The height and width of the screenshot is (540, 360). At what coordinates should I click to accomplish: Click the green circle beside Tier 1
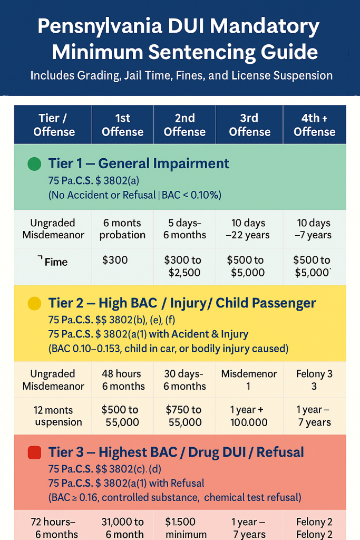(x=34, y=164)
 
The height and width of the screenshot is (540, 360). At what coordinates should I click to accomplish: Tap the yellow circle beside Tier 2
(x=34, y=303)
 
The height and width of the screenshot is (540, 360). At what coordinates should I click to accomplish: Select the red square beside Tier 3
(x=34, y=452)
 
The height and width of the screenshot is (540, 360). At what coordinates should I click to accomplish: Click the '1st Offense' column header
(x=122, y=124)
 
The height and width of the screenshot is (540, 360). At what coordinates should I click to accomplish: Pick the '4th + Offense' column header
(x=314, y=124)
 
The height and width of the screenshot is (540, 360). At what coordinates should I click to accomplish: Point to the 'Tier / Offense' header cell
(x=53, y=124)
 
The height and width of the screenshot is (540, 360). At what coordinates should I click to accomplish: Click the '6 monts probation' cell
(x=122, y=229)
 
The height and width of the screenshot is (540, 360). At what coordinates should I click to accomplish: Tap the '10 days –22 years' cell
(x=250, y=229)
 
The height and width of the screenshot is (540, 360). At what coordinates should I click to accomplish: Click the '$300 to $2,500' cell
(x=184, y=266)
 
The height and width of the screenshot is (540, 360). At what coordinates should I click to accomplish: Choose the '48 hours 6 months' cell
(x=122, y=380)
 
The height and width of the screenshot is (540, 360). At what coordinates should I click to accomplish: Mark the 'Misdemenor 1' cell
(x=249, y=380)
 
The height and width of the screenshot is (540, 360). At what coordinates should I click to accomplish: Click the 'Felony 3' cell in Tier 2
(x=314, y=380)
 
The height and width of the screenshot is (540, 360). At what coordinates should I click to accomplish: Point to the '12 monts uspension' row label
(x=53, y=416)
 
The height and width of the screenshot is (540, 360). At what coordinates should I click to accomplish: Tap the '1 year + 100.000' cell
(x=249, y=416)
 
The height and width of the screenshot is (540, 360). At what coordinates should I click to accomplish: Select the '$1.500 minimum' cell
(x=184, y=528)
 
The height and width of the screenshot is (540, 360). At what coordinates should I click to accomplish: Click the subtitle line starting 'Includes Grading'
(x=181, y=75)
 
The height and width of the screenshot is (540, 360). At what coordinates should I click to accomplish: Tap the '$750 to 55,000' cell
(x=184, y=416)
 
